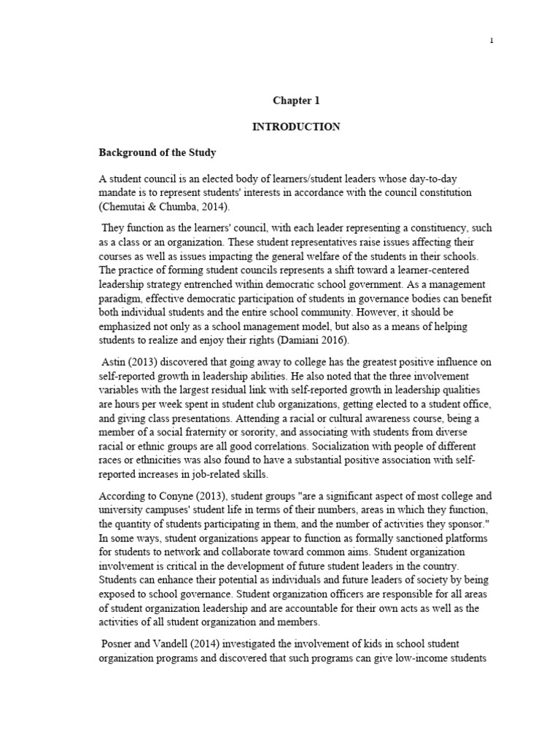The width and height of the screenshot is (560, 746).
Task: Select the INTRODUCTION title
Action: coord(296,127)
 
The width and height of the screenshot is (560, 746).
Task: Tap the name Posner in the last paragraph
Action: coord(118,643)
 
